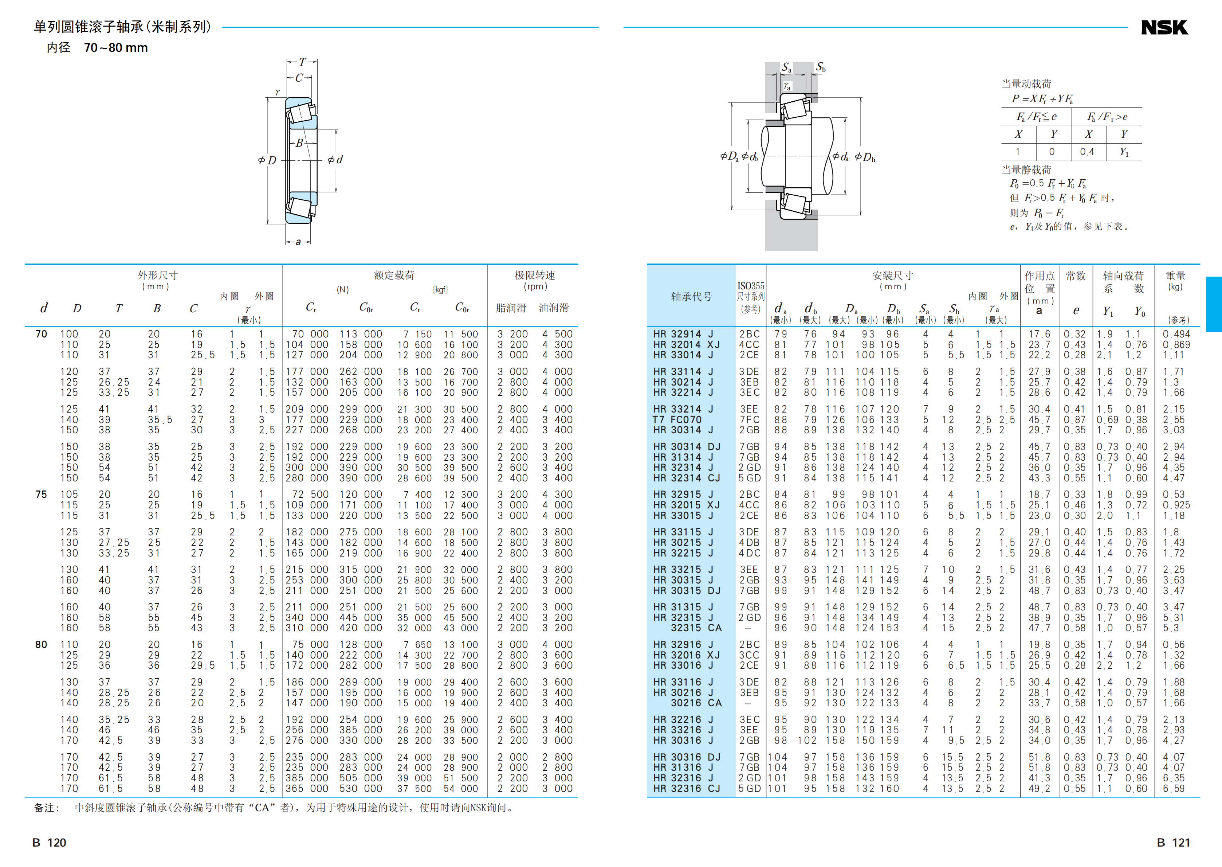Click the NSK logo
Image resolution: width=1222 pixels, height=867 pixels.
point(1164,28)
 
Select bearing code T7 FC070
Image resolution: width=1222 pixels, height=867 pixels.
point(677,419)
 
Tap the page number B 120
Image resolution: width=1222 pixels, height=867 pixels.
point(49,843)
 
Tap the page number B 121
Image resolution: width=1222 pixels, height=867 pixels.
point(1173,843)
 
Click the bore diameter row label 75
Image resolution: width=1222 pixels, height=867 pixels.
point(41,494)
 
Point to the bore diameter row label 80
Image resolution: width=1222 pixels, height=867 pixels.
point(41,644)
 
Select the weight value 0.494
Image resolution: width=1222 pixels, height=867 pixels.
point(1176,334)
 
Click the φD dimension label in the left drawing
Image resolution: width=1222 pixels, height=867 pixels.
point(267,160)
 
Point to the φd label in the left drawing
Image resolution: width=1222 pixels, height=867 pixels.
point(335,160)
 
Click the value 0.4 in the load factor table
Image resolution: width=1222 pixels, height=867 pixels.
point(1087,152)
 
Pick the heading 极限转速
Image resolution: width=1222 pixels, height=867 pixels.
point(535,276)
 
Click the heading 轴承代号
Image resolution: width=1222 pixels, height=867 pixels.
point(691,297)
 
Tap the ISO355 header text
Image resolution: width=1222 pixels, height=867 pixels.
point(750,286)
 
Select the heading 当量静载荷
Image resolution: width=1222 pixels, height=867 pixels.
point(1026,170)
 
